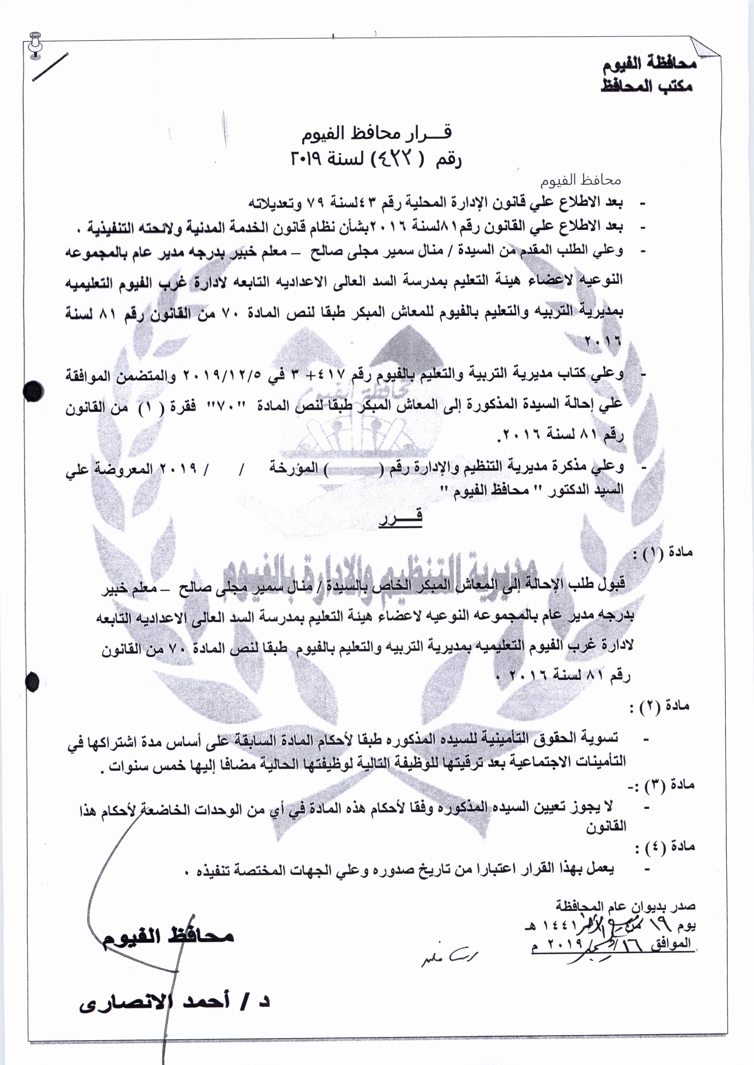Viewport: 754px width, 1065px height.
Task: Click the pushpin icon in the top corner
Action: coord(35,44)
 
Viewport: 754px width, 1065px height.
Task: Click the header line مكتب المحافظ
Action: coord(647,86)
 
